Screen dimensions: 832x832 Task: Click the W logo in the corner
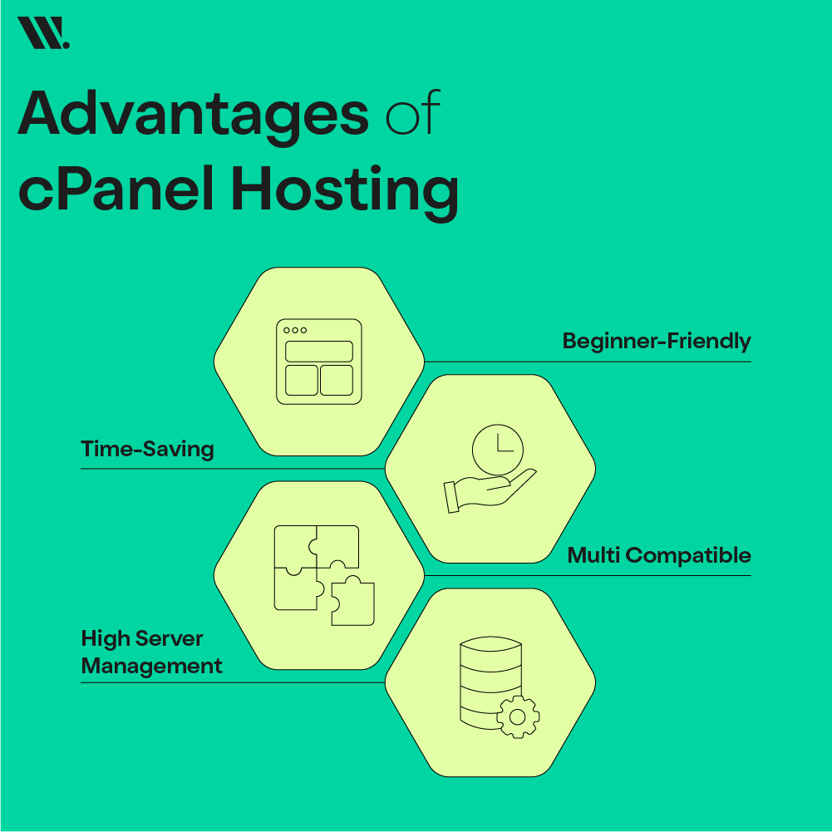(43, 32)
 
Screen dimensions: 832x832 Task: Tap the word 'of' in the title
(413, 111)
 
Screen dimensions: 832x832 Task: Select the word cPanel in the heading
(116, 189)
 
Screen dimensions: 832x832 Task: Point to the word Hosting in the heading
(345, 192)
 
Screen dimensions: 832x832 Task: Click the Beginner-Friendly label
(657, 341)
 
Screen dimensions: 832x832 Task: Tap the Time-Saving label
(147, 449)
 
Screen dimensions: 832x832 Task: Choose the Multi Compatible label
(659, 555)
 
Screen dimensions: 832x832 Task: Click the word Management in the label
(152, 667)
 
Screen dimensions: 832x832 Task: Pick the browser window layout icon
(319, 362)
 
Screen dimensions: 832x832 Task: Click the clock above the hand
(498, 450)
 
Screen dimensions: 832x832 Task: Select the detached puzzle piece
(353, 601)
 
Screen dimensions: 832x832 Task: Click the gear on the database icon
(518, 716)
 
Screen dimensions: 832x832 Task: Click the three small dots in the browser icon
(295, 330)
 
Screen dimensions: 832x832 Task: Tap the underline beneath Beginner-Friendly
(588, 362)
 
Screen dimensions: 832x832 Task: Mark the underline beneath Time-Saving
(233, 469)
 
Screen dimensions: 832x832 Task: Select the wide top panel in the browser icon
(319, 352)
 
